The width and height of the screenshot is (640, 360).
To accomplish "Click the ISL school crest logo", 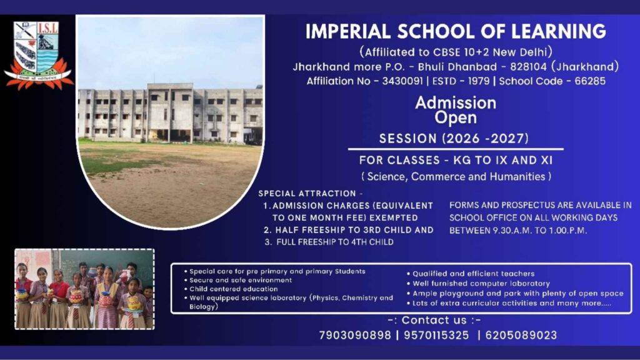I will [38, 55].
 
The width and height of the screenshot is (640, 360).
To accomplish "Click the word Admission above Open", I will [456, 102].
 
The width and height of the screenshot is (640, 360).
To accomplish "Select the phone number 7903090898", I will [354, 335].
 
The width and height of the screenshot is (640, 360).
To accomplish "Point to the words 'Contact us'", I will [442, 320].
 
